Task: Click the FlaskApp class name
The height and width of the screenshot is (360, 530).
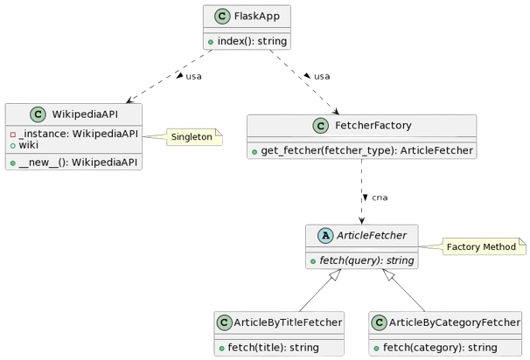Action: [x=257, y=17]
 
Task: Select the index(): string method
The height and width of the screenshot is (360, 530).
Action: [x=252, y=41]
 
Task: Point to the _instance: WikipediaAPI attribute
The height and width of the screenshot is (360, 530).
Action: [x=79, y=134]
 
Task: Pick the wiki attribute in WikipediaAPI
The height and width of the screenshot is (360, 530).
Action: [x=28, y=145]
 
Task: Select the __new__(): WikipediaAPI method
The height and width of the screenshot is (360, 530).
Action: [x=78, y=163]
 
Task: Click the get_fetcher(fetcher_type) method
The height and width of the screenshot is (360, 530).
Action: [x=366, y=150]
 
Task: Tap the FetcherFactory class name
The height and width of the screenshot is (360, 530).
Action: [x=373, y=125]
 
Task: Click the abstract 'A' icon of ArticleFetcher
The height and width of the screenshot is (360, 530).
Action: [x=325, y=235]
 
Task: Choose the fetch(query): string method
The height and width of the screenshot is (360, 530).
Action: [x=366, y=260]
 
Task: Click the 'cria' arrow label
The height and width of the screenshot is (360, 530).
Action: [x=380, y=197]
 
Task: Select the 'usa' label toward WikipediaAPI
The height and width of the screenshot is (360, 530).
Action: [x=193, y=77]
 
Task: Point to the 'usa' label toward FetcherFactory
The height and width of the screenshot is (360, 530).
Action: [x=322, y=77]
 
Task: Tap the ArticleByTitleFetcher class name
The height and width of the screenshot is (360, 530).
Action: [x=288, y=322]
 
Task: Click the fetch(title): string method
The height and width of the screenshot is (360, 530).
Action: [x=274, y=348]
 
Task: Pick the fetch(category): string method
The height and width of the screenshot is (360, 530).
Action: [x=440, y=348]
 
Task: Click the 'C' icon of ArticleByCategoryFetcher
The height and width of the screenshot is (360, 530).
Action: [x=380, y=322]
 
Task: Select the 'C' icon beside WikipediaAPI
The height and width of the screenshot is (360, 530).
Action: [x=38, y=114]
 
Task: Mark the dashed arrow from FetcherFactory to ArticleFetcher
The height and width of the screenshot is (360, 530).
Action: [x=362, y=191]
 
